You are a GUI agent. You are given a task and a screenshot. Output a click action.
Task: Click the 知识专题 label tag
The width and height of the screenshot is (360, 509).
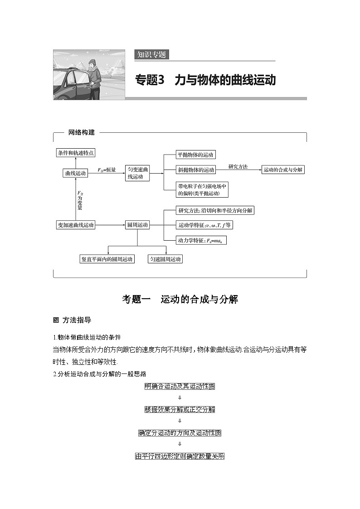[151, 55]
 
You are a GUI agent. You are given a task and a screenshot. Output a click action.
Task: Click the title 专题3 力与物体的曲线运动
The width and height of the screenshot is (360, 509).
[205, 80]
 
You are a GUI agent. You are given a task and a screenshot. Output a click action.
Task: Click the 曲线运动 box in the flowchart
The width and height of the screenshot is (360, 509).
[75, 173]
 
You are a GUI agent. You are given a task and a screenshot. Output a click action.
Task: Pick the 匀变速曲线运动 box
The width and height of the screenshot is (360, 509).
[137, 174]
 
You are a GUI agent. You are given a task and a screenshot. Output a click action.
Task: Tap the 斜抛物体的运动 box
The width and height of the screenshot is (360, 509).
[196, 170]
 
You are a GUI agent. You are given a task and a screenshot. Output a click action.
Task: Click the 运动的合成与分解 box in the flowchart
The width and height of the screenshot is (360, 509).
[283, 170]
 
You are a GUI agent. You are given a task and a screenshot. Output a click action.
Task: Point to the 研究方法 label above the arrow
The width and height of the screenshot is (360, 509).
[238, 166]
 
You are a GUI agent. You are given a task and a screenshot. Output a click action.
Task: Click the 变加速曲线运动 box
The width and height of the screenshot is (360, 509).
[75, 225]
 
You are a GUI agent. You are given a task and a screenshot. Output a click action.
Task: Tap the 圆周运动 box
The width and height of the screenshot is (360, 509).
[137, 225]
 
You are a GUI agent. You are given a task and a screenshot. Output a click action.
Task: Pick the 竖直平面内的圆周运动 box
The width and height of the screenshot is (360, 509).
[107, 259]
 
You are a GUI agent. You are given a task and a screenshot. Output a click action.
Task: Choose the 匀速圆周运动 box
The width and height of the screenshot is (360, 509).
[165, 259]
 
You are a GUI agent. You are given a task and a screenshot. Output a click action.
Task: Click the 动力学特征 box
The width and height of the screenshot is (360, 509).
[201, 240]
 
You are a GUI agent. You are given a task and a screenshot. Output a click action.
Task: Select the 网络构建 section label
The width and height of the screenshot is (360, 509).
[82, 132]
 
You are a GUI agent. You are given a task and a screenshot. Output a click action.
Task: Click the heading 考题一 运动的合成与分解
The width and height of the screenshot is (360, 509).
[180, 299]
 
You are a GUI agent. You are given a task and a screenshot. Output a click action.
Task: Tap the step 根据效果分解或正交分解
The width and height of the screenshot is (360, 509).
[180, 409]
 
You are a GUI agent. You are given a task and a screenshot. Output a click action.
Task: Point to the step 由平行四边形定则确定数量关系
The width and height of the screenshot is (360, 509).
[180, 456]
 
